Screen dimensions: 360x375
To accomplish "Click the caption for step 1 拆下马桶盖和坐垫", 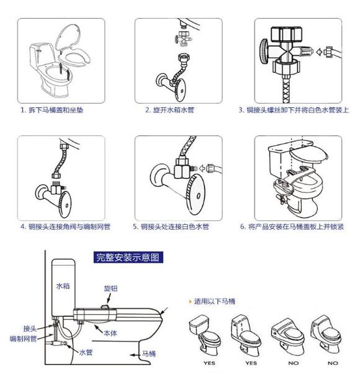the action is coord(52,110).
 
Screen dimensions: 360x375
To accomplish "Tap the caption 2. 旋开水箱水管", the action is coord(169,110).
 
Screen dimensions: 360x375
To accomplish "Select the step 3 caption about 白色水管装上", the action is coord(294,110).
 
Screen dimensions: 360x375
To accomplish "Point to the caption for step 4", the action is coord(65,227).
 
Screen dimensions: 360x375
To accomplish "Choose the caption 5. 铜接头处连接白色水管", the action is coord(171,227).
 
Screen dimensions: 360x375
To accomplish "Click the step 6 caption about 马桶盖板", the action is coord(292,227).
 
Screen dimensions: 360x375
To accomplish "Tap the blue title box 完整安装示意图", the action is coord(128,257).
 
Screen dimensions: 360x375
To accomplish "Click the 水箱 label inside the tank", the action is coord(63,286).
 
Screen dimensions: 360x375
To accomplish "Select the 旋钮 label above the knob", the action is coord(110,289).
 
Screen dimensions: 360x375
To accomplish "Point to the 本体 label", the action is coord(110,333).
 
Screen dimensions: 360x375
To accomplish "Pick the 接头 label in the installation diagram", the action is coord(30,328).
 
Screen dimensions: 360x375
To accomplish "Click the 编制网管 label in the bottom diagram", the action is coord(23,338).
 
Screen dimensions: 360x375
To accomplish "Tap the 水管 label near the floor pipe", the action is coord(86,352).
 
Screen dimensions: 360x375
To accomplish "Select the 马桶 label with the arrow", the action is coord(149,354).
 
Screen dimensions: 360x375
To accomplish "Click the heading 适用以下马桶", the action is coord(214,301).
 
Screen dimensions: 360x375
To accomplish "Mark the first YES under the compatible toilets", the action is coord(209,363).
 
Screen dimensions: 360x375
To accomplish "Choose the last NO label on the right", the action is coord(333,363).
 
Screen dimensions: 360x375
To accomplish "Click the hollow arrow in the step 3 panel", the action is coord(319,52).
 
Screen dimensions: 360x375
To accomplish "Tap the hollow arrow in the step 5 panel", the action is coord(202,168).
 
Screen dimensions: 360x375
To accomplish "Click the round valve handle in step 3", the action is coord(264,52).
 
